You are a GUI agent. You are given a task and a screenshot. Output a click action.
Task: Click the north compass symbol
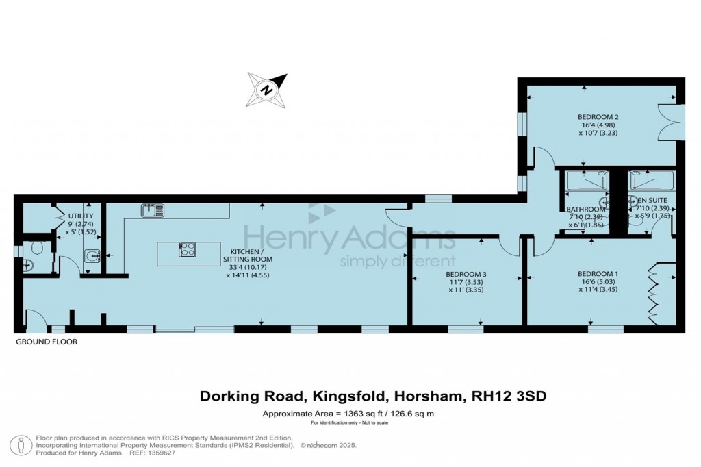click(x=267, y=90)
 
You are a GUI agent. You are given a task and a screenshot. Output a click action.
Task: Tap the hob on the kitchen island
click(x=187, y=249)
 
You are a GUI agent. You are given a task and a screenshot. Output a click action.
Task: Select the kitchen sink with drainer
click(x=153, y=210)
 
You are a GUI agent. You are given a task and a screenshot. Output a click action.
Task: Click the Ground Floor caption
click(x=47, y=341)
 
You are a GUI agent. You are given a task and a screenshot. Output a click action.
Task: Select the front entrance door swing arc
click(x=35, y=318)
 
